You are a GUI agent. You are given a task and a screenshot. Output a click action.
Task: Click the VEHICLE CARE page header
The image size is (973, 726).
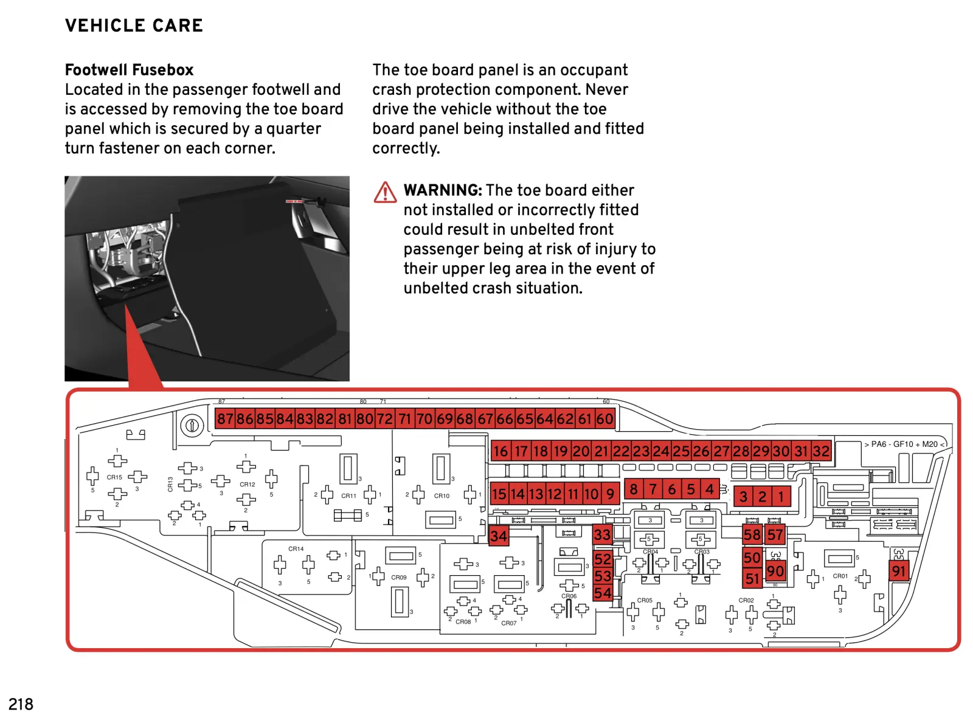(134, 26)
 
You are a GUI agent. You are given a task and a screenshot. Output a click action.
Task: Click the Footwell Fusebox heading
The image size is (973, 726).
(129, 70)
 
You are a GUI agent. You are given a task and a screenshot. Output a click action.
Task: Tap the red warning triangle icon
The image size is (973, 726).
(385, 192)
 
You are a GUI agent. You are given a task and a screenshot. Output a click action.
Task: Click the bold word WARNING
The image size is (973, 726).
(443, 190)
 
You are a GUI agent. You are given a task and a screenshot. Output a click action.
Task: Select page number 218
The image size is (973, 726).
(21, 704)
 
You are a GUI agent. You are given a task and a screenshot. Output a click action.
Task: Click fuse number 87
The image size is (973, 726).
(225, 419)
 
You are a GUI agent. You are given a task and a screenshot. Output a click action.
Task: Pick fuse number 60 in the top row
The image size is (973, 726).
(604, 419)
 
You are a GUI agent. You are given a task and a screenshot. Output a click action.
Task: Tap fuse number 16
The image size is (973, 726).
(500, 451)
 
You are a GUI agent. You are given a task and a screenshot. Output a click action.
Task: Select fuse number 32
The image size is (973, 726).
(821, 451)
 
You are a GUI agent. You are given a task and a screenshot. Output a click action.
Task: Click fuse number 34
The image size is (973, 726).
(498, 536)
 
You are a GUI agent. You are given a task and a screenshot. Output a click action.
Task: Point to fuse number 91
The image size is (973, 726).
(899, 571)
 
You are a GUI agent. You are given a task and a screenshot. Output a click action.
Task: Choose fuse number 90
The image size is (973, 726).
(775, 572)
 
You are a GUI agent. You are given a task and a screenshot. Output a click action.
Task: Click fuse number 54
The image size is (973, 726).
(603, 593)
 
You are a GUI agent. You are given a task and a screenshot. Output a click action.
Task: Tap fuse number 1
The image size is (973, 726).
(781, 497)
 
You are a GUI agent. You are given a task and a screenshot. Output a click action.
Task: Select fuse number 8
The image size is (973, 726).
(634, 489)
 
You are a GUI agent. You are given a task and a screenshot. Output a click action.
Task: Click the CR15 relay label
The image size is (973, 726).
(114, 477)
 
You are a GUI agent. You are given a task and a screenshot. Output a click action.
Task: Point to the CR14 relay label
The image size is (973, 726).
(296, 549)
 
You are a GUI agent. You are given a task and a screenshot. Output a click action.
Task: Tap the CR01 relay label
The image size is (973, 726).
(840, 576)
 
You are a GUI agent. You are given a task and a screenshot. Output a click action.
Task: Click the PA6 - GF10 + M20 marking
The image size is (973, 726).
(904, 444)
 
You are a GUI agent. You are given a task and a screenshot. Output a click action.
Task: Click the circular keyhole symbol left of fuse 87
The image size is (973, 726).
(192, 425)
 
